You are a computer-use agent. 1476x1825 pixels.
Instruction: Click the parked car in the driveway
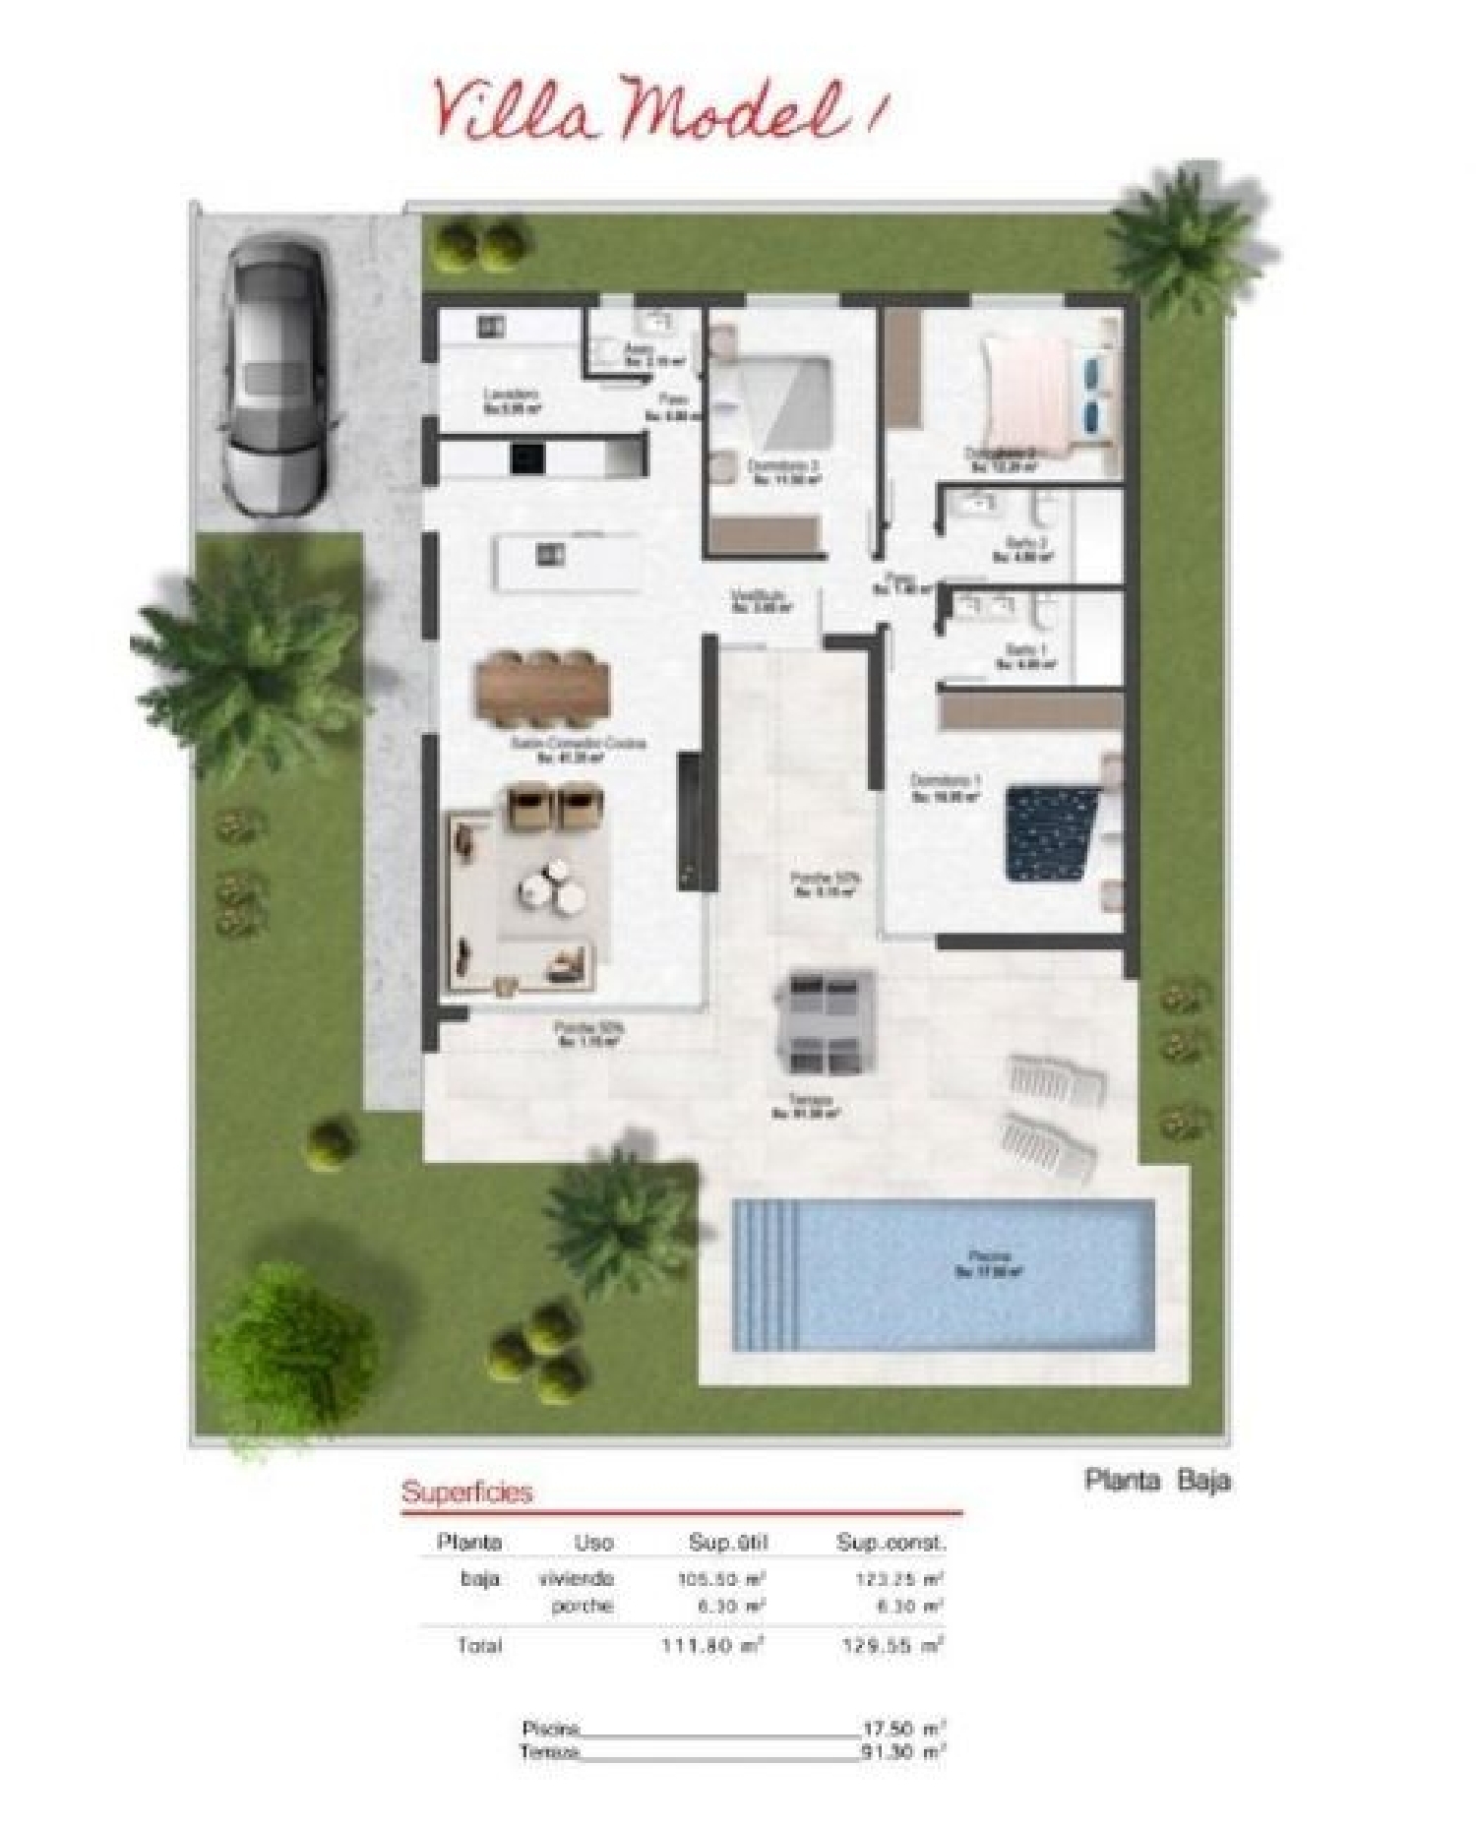273,377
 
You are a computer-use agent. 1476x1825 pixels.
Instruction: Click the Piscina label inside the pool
988,1262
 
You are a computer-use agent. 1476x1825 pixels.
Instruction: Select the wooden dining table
543,689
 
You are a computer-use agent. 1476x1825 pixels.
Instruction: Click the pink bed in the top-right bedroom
1033,395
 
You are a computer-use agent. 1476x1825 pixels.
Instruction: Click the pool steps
770,1275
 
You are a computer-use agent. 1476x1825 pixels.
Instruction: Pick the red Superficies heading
466,1491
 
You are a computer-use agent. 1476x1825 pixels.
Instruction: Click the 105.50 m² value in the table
721,1579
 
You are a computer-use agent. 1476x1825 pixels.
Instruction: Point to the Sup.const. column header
890,1543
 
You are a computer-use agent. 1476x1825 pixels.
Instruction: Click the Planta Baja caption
1157,1480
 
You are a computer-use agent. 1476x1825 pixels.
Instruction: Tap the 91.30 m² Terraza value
902,1752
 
